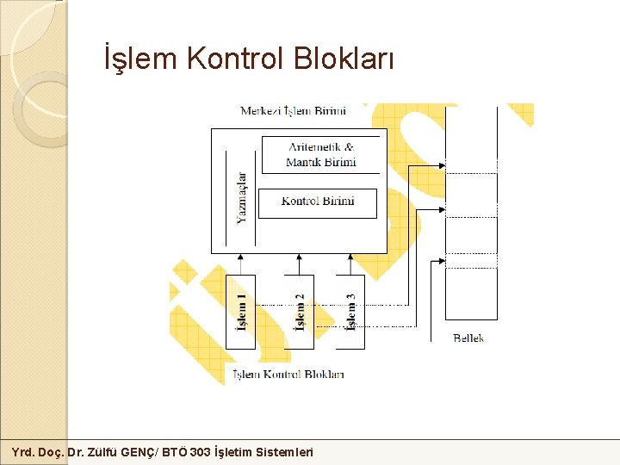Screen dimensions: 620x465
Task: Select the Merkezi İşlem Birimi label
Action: [x=293, y=111]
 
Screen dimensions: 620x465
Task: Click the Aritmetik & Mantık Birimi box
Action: [x=320, y=155]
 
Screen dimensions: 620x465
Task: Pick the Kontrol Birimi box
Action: [x=318, y=202]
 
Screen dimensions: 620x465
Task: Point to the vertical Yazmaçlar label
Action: [x=242, y=198]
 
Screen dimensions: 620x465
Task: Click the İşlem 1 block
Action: [x=241, y=312]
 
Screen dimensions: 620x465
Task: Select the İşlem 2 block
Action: [x=299, y=312]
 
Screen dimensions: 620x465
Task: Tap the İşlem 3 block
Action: [x=350, y=312]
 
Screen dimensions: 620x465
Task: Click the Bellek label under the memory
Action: [x=468, y=338]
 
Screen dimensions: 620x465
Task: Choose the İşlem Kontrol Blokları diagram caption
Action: [x=289, y=375]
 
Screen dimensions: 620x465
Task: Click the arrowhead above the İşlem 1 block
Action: [x=240, y=257]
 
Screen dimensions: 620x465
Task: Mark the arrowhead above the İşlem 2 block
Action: [x=299, y=257]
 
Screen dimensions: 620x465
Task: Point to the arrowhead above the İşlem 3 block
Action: [x=350, y=257]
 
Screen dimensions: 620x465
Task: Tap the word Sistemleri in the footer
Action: [x=284, y=452]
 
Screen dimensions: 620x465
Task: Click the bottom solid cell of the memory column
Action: [x=470, y=294]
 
